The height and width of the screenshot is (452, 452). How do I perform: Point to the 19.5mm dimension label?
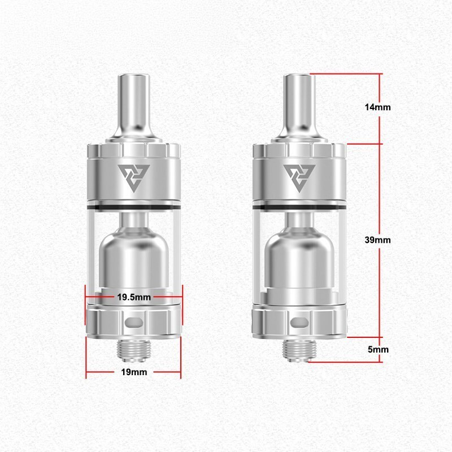coord(134,297)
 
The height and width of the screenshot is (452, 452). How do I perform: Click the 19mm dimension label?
coord(134,372)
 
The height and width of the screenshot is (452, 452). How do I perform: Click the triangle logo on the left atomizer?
coord(134,177)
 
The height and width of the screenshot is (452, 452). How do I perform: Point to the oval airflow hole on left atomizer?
coord(134,323)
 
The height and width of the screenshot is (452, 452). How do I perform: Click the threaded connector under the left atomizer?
coord(134,350)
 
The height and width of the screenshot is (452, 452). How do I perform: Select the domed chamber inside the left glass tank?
coord(134,254)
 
